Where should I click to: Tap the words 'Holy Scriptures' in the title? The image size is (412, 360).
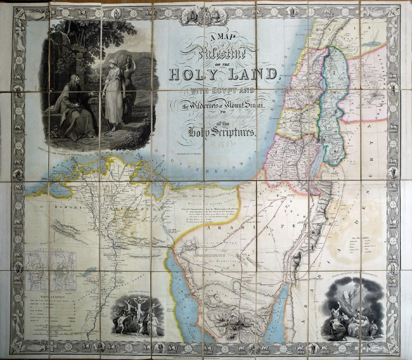222,131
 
